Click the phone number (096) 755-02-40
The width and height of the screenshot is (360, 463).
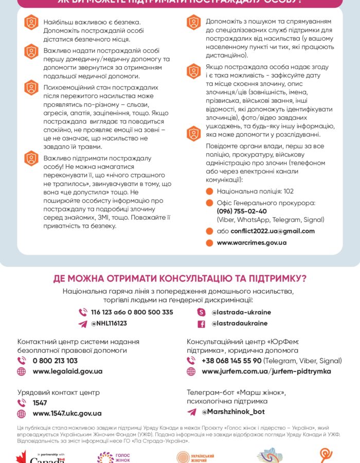242,211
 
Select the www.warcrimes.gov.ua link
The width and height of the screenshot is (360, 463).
251,242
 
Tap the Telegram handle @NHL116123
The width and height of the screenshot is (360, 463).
109,324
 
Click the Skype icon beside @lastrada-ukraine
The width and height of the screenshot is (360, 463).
202,312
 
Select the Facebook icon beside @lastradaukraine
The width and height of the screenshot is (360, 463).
202,324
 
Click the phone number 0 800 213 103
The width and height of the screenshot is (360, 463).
55,361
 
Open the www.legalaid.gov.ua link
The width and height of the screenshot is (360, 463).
67,371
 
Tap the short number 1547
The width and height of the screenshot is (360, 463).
40,403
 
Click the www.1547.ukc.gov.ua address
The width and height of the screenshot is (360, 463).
67,413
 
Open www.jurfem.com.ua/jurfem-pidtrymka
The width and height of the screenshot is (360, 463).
266,371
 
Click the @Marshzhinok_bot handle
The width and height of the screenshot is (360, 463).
233,412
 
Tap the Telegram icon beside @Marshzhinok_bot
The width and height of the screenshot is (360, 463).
191,412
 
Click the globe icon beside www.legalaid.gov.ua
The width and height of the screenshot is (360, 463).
22,371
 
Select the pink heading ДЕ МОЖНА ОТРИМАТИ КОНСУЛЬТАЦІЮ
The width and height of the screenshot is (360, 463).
180,278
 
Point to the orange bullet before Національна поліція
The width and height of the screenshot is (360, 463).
209,191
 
